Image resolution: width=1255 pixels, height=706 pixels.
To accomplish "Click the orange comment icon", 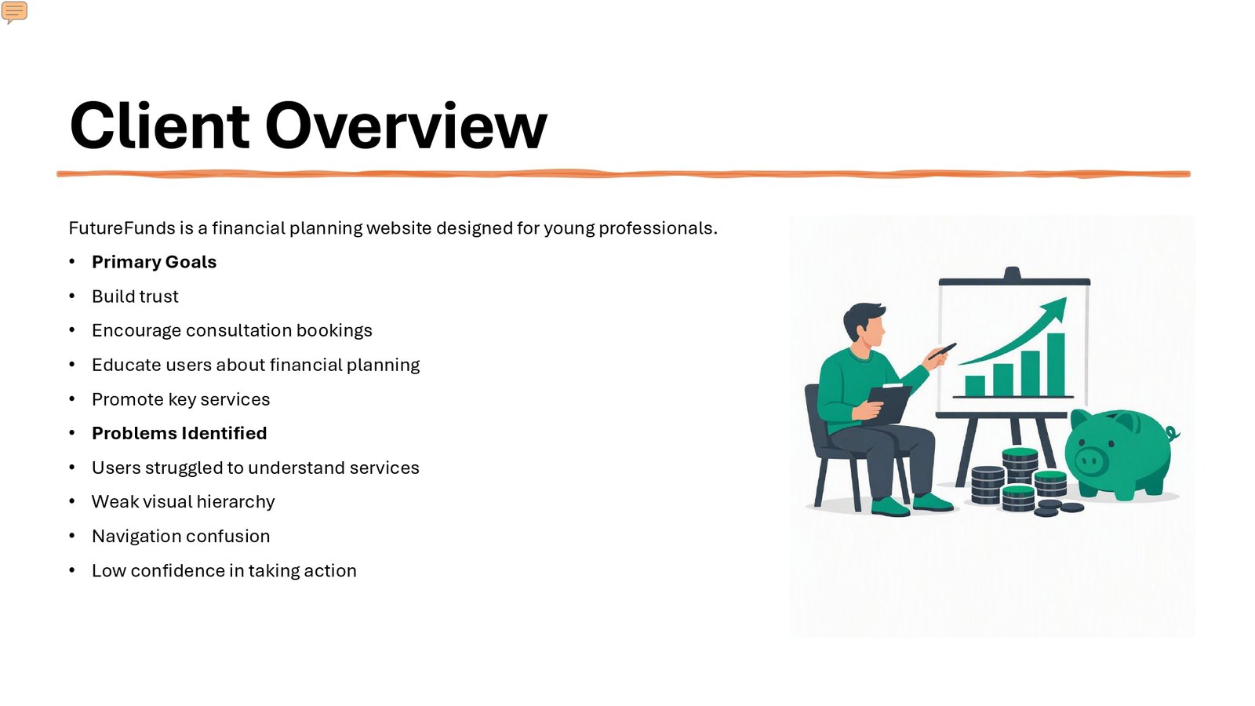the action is pyautogui.click(x=14, y=12).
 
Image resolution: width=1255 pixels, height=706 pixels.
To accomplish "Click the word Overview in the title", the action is pyautogui.click(x=406, y=126).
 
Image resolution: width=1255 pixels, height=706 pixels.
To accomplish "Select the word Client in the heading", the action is pyautogui.click(x=159, y=126).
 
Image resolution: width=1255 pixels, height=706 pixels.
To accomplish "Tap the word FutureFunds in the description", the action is pyautogui.click(x=122, y=228).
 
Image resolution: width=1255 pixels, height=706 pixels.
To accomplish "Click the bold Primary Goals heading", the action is pyautogui.click(x=154, y=262).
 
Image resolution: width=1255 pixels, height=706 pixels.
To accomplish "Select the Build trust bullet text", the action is pyautogui.click(x=135, y=297).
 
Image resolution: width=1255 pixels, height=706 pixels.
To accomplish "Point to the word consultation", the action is pyautogui.click(x=238, y=330).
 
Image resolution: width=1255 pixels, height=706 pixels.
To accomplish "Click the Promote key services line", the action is pyautogui.click(x=181, y=399).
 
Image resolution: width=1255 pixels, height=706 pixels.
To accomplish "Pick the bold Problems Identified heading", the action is pyautogui.click(x=180, y=433).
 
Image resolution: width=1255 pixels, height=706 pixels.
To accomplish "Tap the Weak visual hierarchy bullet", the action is pyautogui.click(x=184, y=501).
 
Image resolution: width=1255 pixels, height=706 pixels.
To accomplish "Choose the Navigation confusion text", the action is pyautogui.click(x=181, y=537).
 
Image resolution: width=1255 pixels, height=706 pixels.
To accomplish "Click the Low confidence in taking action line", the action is pyautogui.click(x=224, y=570).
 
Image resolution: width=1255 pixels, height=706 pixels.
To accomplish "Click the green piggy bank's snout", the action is pyautogui.click(x=1089, y=462).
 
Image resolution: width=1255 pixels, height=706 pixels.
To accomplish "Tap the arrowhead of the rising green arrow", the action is pyautogui.click(x=1055, y=308).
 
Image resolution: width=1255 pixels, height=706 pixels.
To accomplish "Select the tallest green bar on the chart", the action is pyautogui.click(x=1056, y=365).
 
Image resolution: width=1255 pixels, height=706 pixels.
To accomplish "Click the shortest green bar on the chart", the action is pyautogui.click(x=975, y=385).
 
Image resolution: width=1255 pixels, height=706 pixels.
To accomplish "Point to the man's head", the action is pyautogui.click(x=864, y=324).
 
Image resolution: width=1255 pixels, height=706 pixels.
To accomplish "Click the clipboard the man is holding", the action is pyautogui.click(x=889, y=403).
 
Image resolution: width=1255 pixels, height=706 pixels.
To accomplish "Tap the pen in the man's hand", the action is pyautogui.click(x=942, y=351).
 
